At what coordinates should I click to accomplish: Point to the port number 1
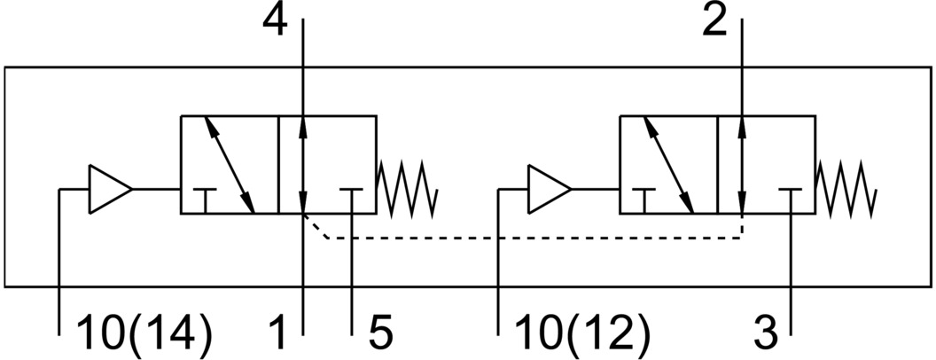(278, 334)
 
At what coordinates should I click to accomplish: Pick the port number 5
(379, 334)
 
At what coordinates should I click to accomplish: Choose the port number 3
(764, 334)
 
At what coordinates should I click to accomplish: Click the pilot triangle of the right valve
(548, 188)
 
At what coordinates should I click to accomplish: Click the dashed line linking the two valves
(532, 238)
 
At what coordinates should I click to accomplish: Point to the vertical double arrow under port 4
(303, 164)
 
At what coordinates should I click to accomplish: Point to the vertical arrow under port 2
(742, 164)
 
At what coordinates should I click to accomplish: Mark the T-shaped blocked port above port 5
(352, 197)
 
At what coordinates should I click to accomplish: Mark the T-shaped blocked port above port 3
(791, 197)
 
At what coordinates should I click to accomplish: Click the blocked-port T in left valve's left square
(206, 197)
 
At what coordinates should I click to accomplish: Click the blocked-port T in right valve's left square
(644, 197)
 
